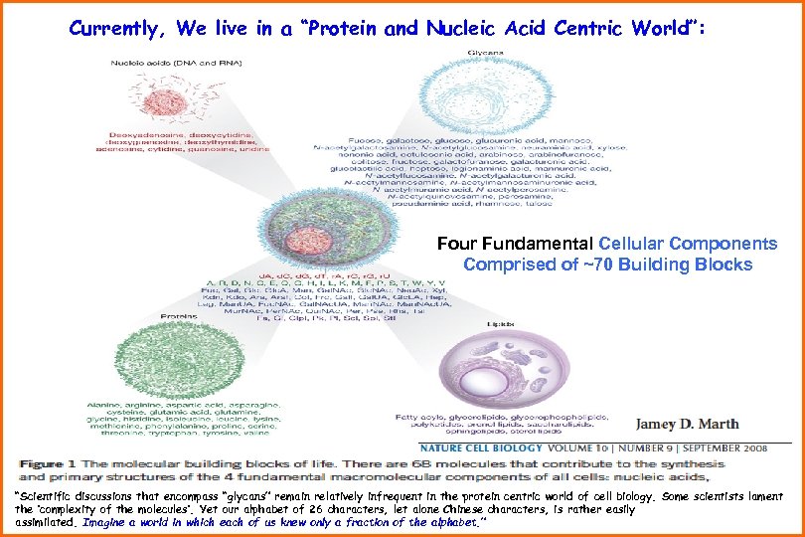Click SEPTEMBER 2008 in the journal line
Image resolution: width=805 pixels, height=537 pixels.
click(x=750, y=447)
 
